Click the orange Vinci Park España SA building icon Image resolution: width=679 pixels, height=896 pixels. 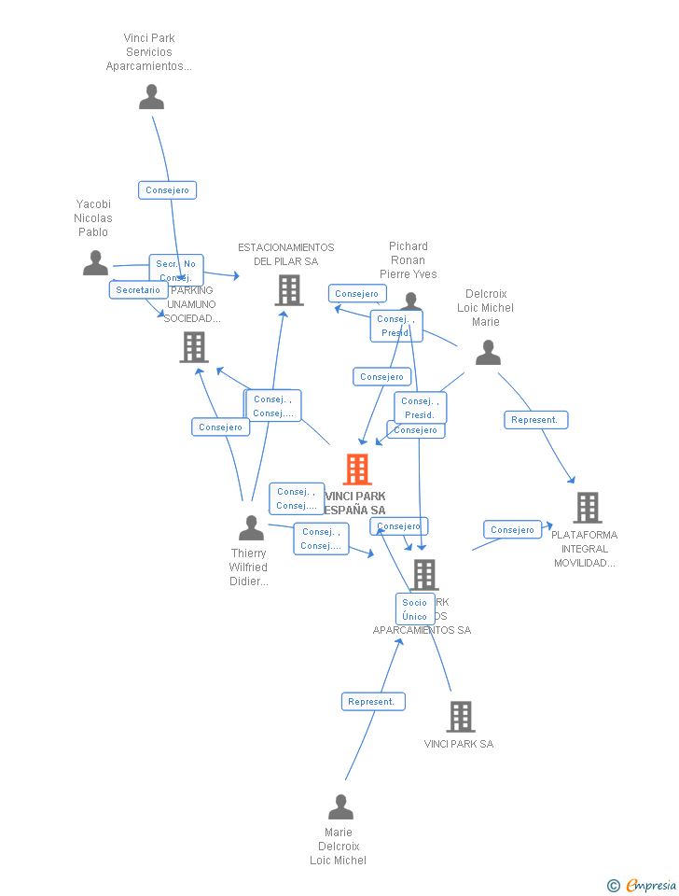[x=357, y=469]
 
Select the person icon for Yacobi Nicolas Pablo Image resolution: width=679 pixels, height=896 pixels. [x=95, y=263]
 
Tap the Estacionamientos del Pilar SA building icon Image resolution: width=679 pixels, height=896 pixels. [x=289, y=290]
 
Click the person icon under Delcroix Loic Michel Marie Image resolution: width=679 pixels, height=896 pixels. [x=488, y=353]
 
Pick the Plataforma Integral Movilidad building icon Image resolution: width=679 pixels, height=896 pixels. [x=587, y=508]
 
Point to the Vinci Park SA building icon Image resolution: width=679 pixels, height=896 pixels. [x=461, y=717]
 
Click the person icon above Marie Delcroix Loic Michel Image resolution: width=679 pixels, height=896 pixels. [x=340, y=806]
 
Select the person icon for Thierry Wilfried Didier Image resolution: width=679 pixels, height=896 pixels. [x=251, y=528]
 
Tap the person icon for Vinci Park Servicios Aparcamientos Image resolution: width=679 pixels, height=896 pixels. [x=151, y=97]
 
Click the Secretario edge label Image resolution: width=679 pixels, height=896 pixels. [x=138, y=290]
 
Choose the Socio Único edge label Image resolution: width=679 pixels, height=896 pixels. [x=415, y=609]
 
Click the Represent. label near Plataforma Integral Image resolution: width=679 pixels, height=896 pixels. [x=535, y=420]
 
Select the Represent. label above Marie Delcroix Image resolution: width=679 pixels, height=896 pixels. [x=372, y=702]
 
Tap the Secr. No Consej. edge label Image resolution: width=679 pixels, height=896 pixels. [x=175, y=270]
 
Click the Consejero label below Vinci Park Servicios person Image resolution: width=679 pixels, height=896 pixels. [x=168, y=190]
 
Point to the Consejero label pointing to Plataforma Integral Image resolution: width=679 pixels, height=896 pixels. [x=512, y=530]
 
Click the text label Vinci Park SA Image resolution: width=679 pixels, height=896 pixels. [x=459, y=744]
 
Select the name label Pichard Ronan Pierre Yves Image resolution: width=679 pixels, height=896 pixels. [x=408, y=260]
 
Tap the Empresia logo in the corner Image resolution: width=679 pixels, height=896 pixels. [x=643, y=885]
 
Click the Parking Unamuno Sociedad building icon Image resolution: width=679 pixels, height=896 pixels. [x=194, y=347]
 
